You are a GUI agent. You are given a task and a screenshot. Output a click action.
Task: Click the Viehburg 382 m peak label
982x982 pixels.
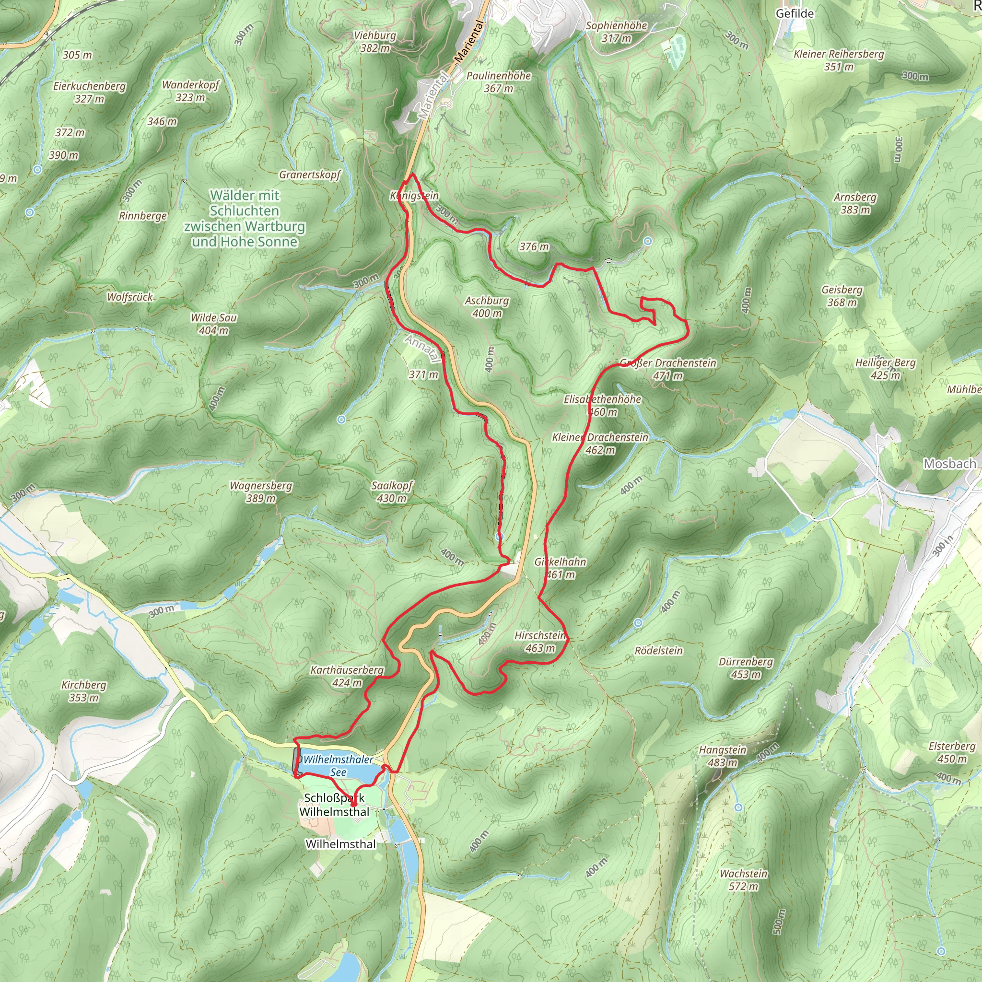[x=374, y=42]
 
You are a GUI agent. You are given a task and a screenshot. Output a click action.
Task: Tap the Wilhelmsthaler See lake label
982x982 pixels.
[x=338, y=765]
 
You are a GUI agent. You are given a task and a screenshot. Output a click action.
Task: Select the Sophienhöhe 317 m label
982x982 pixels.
[x=616, y=32]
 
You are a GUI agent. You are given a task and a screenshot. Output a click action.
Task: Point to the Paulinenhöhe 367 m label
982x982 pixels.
[x=498, y=82]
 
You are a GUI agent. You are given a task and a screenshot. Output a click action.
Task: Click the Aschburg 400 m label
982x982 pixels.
[x=486, y=306]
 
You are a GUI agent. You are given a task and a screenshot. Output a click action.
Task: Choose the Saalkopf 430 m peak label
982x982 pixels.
[x=391, y=491]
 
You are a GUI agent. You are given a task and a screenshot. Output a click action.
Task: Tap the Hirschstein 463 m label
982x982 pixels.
[x=540, y=642]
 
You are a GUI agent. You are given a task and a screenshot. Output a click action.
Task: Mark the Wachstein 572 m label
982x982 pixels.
[x=743, y=880]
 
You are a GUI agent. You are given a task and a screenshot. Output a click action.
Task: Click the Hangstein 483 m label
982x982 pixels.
[x=722, y=756]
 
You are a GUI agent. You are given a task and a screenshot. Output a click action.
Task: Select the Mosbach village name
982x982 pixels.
[x=949, y=464]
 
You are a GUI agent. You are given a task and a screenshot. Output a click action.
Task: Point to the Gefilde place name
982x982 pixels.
[x=795, y=14]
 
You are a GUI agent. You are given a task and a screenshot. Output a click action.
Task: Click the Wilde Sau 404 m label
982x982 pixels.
[x=213, y=324]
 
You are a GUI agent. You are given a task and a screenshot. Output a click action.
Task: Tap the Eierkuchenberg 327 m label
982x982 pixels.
[x=90, y=92]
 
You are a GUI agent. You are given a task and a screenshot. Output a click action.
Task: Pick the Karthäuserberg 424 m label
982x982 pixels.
[x=347, y=676]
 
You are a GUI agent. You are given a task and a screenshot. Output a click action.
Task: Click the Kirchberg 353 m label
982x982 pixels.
[x=84, y=691]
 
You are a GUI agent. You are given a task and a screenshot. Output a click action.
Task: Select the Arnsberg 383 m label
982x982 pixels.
[x=855, y=203]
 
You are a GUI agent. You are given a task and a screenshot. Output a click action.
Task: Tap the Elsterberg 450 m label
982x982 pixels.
[x=951, y=752]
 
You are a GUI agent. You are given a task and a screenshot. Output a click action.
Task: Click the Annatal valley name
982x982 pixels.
[x=422, y=348]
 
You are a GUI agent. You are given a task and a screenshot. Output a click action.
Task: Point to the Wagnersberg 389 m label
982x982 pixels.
[x=261, y=491]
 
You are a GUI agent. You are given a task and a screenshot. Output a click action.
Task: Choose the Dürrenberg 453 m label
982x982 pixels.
[x=746, y=668]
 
